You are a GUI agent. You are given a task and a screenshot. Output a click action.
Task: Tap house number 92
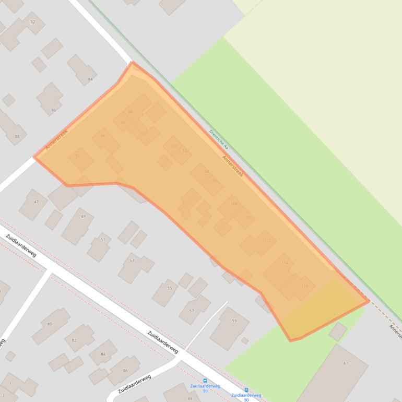tap(78, 156)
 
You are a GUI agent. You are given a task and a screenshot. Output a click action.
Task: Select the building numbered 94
tap(102, 136)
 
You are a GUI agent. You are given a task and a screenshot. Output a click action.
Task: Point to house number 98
tap(130, 112)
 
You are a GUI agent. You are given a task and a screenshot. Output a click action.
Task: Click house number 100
tap(174, 146)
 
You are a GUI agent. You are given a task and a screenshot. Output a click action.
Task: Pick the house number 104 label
tap(205, 171)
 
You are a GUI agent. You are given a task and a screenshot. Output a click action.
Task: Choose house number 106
tap(214, 181)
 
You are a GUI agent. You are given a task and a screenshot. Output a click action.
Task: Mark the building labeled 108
tap(234, 204)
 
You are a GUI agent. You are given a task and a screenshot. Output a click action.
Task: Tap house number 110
tap(247, 217)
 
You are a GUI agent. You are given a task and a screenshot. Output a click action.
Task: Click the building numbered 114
tap(285, 263)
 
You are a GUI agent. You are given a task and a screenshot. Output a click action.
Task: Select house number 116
tap(304, 286)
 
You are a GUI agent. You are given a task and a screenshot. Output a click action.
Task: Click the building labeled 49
tap(83, 217)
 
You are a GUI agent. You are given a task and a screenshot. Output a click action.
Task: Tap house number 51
tap(103, 240)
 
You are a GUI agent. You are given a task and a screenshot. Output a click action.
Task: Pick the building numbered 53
tap(132, 260)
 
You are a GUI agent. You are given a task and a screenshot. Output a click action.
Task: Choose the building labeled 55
tap(169, 288)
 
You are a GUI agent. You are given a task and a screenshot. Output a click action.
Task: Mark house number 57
tap(192, 311)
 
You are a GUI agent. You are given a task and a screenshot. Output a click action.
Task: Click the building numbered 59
tap(234, 321)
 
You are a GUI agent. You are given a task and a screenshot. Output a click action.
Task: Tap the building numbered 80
tap(50, 324)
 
